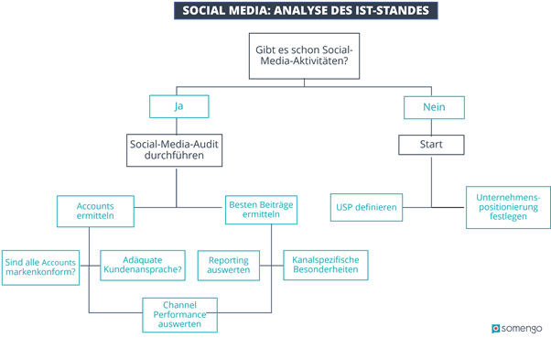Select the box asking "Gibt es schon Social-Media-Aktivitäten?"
click(302, 56)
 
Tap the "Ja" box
click(178, 106)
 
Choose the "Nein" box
click(433, 107)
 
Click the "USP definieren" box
click(364, 208)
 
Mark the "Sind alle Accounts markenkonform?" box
click(39, 267)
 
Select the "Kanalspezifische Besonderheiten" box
click(325, 266)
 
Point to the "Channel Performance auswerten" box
click(179, 314)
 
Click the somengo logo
click(517, 327)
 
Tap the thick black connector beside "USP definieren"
click(448, 208)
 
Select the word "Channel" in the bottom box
click(179, 304)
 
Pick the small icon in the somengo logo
click(496, 327)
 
